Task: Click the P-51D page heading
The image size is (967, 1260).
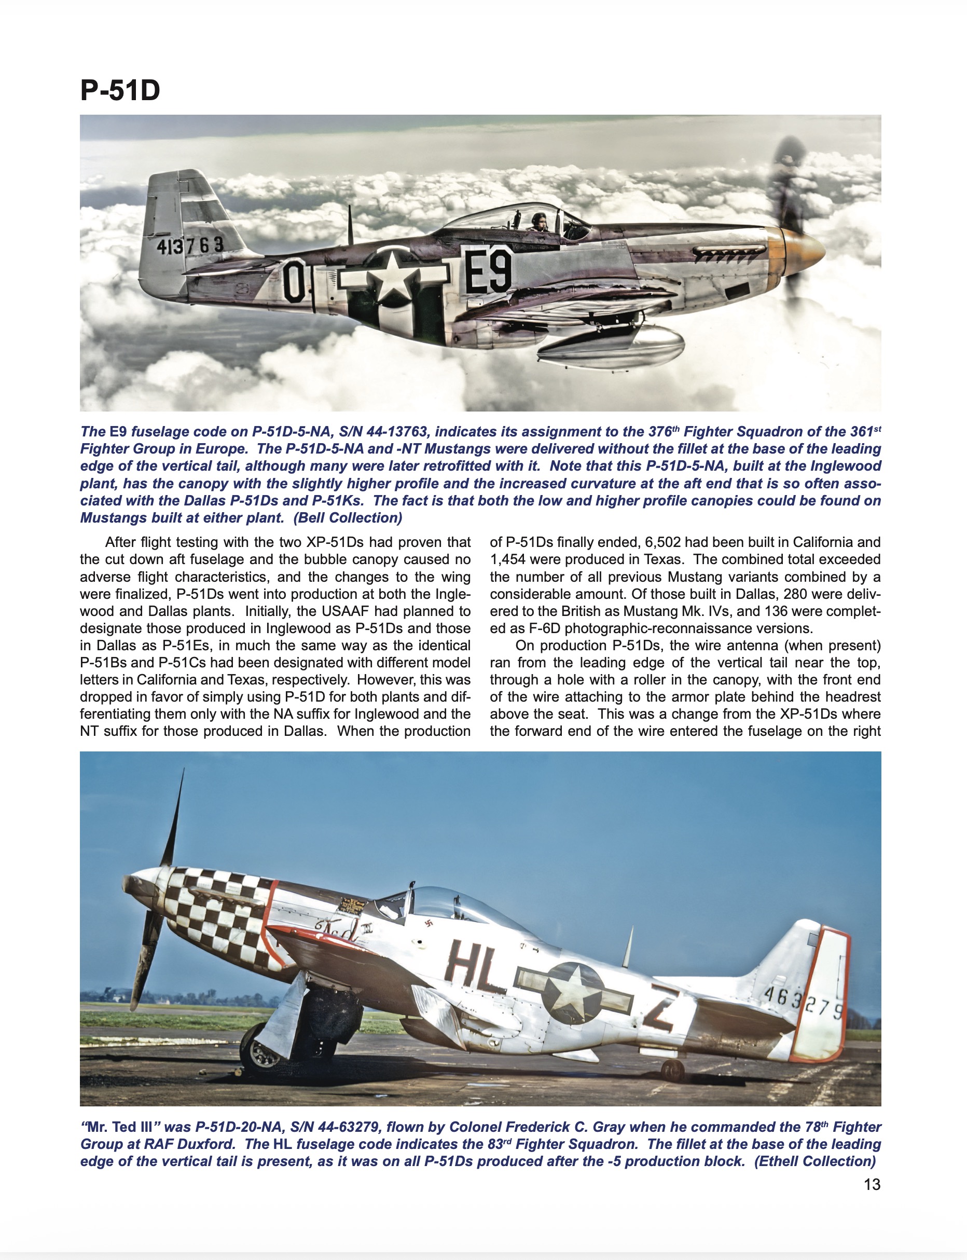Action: pyautogui.click(x=120, y=90)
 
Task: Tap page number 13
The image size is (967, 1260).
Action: pyautogui.click(x=872, y=1184)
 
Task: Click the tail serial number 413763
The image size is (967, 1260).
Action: pyautogui.click(x=190, y=245)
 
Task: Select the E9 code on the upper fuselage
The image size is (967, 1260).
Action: pyautogui.click(x=488, y=270)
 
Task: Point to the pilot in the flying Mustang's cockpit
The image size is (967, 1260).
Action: pyautogui.click(x=540, y=222)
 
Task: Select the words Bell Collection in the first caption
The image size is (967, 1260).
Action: pyautogui.click(x=348, y=518)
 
